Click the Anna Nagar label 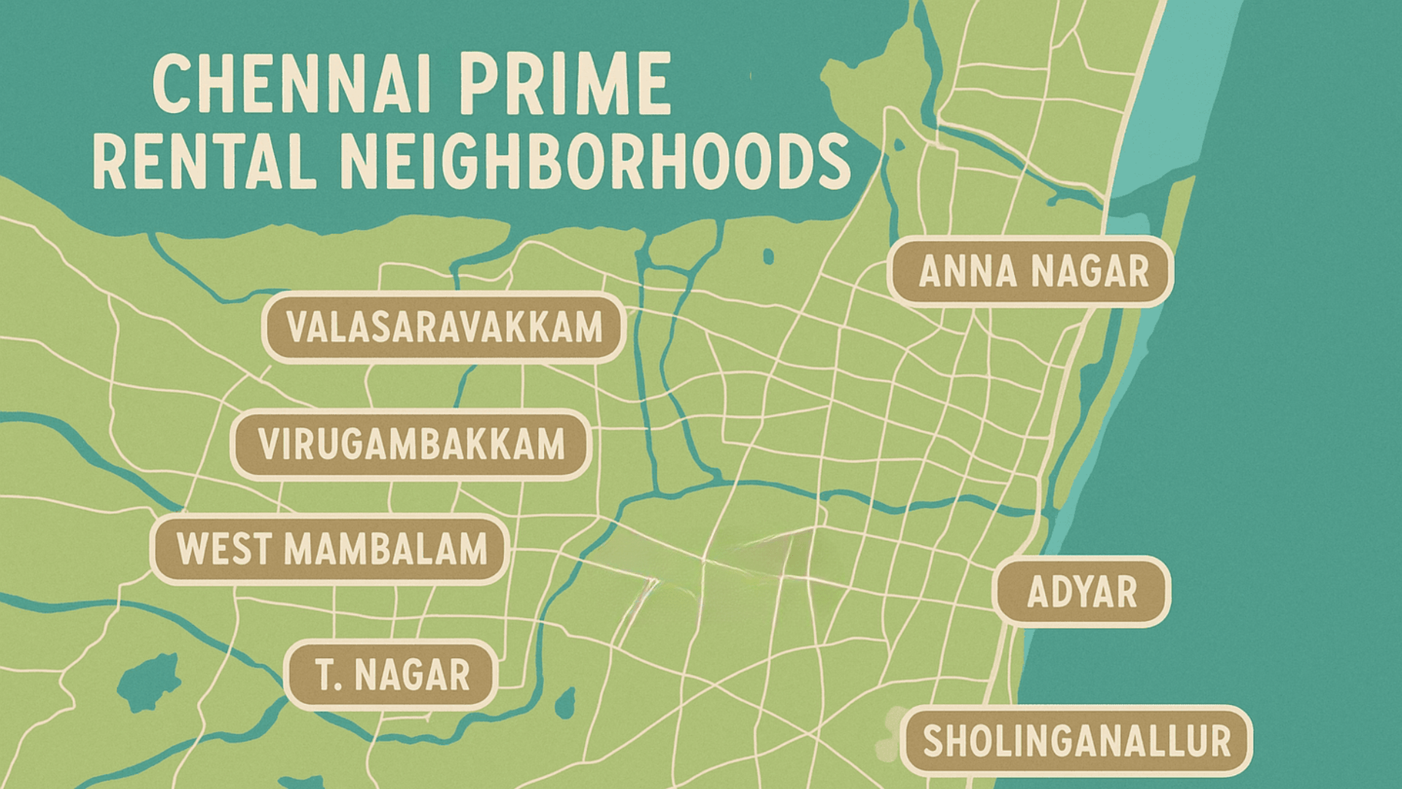[1031, 271]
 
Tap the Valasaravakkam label [444, 327]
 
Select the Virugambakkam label [411, 444]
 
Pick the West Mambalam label [331, 549]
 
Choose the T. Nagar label [392, 674]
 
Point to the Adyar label [1082, 592]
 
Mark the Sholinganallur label [1076, 741]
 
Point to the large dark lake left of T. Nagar [148, 681]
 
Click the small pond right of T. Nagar [564, 704]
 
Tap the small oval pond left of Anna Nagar [768, 256]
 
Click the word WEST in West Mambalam [222, 549]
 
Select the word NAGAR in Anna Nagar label [1092, 271]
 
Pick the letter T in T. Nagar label [324, 674]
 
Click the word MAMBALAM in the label [385, 549]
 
